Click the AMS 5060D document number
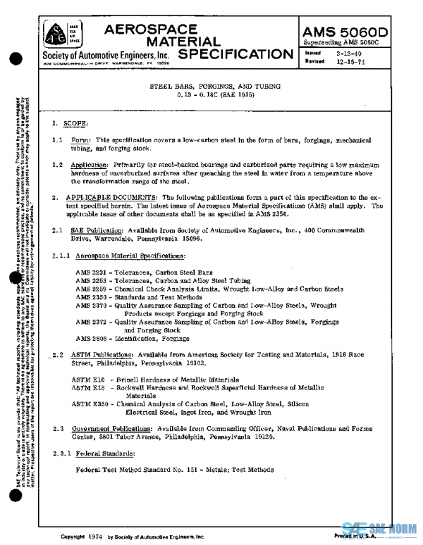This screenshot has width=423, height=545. point(356,32)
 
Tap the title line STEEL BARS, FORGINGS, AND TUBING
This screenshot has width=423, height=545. point(215,85)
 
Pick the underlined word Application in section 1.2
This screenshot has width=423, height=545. point(94,165)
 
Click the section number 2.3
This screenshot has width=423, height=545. point(59,427)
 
